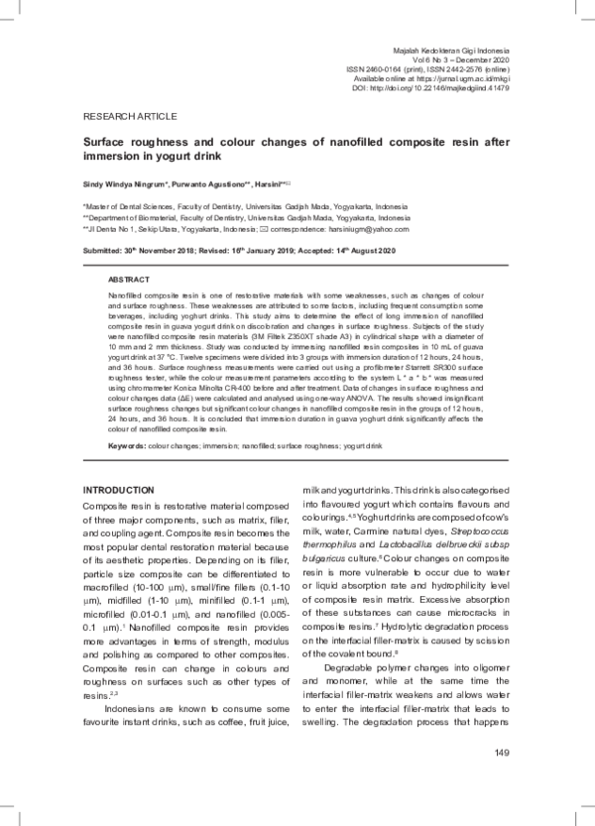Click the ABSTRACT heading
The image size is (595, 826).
click(128, 253)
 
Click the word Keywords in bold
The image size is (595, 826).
click(126, 446)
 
